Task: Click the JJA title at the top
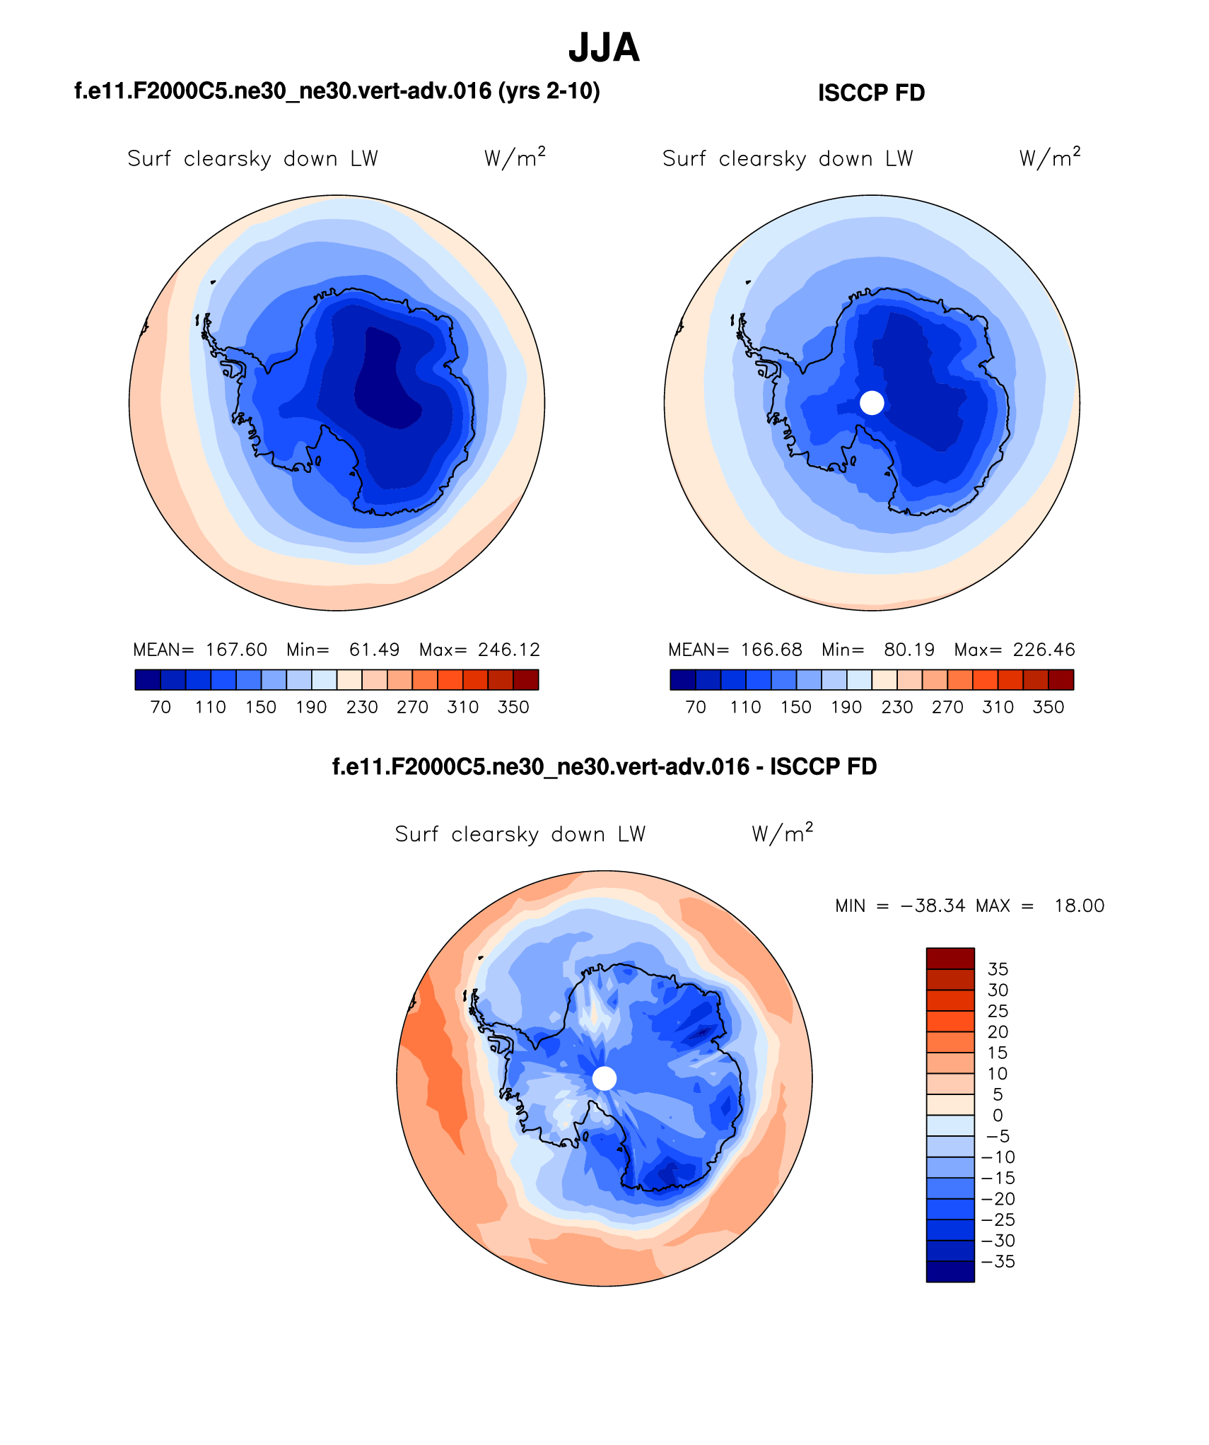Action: click(x=604, y=48)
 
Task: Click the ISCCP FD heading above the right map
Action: click(x=871, y=93)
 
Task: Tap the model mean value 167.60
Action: click(x=236, y=650)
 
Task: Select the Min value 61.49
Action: click(x=374, y=650)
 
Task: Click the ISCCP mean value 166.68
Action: click(x=771, y=650)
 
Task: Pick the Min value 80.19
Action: click(x=909, y=650)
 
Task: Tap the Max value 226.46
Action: click(x=1044, y=650)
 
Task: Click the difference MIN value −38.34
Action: click(x=933, y=906)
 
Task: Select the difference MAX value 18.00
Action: click(x=1079, y=906)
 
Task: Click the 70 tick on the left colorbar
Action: click(x=160, y=707)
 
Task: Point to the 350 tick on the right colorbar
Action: click(x=1048, y=707)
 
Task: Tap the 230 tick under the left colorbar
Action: click(x=362, y=707)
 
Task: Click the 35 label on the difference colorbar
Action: click(x=998, y=969)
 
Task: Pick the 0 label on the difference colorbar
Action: click(x=998, y=1116)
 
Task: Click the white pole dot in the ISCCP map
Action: click(x=872, y=403)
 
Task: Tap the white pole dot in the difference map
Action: click(x=604, y=1079)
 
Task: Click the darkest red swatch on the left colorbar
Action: click(x=526, y=679)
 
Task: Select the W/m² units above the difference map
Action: click(x=782, y=833)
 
